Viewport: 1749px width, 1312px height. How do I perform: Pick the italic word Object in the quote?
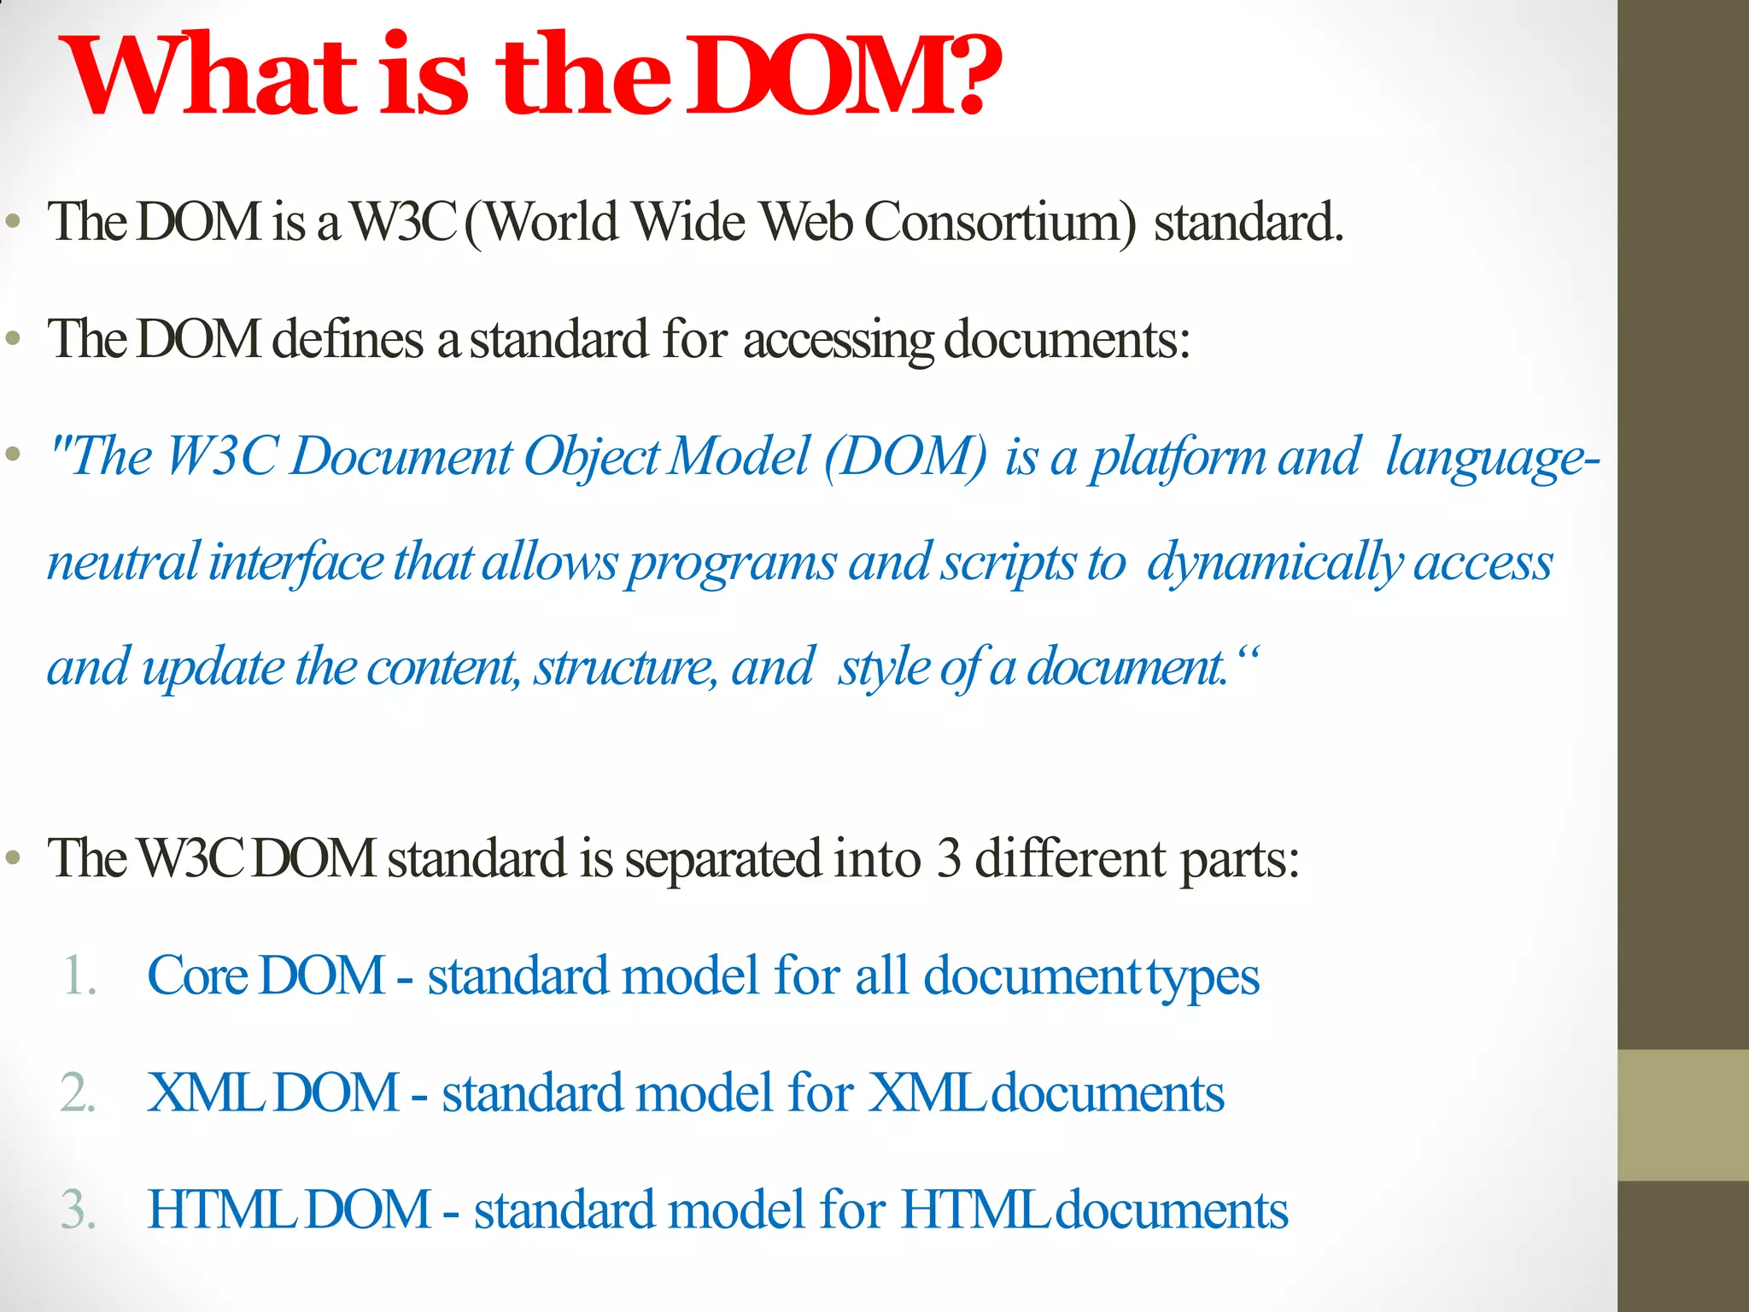(x=591, y=457)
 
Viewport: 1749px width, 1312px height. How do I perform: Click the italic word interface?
(x=296, y=563)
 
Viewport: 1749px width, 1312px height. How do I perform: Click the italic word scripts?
(x=1009, y=564)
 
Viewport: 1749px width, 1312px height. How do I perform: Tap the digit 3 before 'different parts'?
(x=949, y=858)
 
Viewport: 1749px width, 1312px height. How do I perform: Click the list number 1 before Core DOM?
(x=78, y=975)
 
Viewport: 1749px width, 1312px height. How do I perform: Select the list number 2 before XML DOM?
(x=78, y=1092)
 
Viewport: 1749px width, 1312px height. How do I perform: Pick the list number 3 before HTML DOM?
(x=78, y=1209)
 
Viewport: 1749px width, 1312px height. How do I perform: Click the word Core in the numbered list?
(x=197, y=975)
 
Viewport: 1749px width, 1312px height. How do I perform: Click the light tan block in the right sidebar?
(x=1683, y=1115)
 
